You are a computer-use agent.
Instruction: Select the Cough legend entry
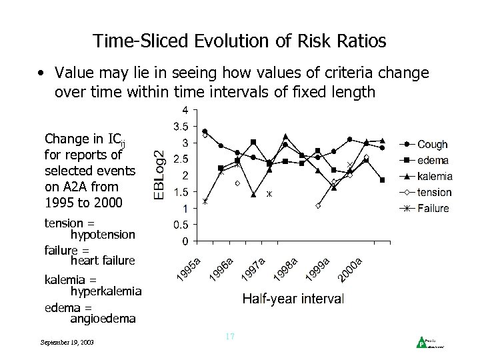coord(433,145)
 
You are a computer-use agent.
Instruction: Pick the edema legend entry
coord(433,161)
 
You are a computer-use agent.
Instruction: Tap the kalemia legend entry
coord(435,177)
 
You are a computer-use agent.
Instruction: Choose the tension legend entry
coord(434,193)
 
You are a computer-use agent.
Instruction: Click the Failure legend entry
coord(433,209)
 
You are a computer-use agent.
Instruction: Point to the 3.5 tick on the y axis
coord(180,126)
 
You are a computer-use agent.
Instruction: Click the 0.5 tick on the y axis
coord(180,225)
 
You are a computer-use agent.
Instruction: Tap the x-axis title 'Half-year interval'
coord(293,299)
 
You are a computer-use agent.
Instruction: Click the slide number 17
coord(229,337)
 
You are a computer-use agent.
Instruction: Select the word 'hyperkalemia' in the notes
coord(106,291)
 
